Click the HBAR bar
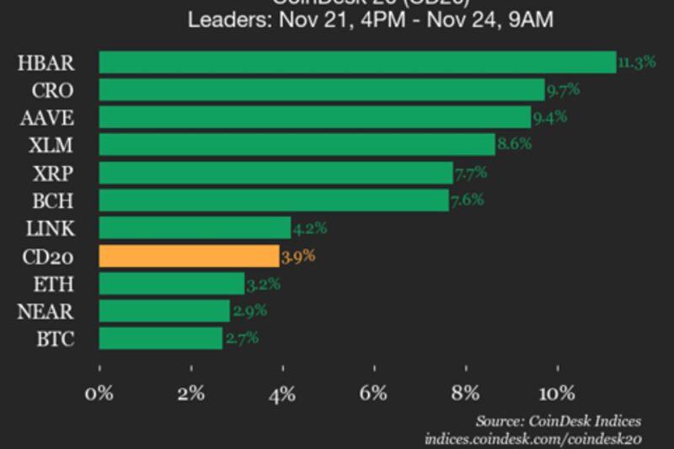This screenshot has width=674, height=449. click(357, 62)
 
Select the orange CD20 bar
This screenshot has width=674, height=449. click(189, 256)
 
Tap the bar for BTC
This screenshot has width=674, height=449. click(161, 339)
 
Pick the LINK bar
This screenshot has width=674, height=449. click(195, 228)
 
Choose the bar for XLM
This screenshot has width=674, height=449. click(297, 145)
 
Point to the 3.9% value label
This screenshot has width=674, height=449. click(298, 256)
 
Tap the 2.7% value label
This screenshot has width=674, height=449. click(241, 339)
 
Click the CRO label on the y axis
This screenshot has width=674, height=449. click(52, 90)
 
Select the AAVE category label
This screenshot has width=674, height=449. click(46, 118)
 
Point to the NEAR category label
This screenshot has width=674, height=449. click(45, 312)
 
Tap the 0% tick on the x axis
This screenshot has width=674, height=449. click(100, 393)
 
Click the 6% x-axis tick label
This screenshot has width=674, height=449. click(374, 393)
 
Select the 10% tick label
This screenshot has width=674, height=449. click(556, 393)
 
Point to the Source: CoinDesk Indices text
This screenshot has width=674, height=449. click(558, 420)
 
